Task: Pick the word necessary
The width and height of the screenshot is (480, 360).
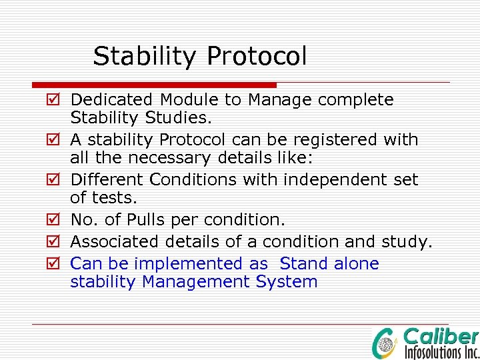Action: click(194, 159)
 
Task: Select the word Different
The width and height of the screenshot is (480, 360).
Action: click(107, 180)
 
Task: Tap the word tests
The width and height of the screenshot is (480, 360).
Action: click(112, 199)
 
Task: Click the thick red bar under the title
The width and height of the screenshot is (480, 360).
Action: click(154, 85)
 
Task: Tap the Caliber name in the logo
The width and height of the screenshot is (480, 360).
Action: click(441, 337)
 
